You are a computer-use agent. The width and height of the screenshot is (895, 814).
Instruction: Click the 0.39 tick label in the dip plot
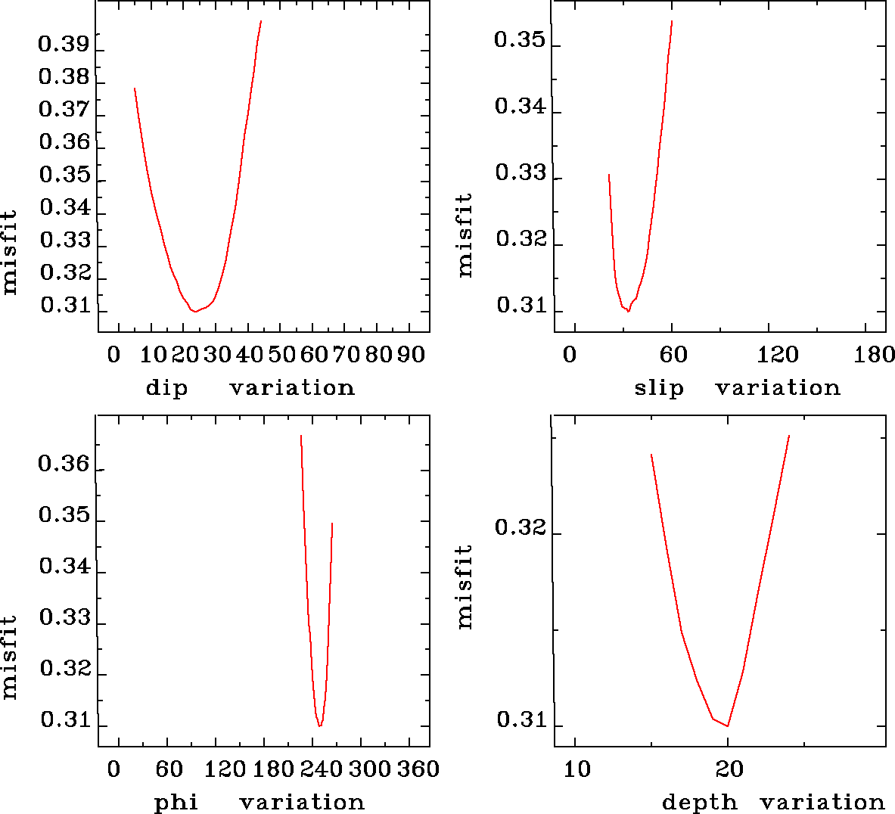click(64, 45)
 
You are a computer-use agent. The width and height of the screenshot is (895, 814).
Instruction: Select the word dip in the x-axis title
click(166, 388)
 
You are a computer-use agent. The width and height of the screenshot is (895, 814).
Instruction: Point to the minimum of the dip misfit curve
click(194, 311)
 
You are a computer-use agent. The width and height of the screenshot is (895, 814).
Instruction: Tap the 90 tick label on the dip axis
click(412, 355)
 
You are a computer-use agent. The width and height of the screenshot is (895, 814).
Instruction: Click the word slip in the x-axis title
click(659, 388)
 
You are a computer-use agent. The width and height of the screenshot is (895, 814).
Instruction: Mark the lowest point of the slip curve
click(628, 311)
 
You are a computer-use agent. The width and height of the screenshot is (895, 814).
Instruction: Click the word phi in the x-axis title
click(176, 802)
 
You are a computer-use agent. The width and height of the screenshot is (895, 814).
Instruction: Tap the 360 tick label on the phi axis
click(418, 769)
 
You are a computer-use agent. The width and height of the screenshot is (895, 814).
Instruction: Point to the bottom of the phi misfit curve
click(320, 725)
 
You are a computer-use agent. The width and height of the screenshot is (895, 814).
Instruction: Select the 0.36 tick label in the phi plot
click(64, 464)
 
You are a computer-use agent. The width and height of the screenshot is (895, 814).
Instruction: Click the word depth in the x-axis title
click(700, 802)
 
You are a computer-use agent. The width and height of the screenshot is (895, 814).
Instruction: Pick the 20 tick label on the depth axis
click(729, 769)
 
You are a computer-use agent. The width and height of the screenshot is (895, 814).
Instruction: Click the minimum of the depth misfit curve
click(728, 725)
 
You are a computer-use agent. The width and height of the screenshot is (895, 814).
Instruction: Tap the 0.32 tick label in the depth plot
click(520, 527)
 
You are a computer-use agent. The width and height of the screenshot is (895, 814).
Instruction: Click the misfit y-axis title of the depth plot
click(465, 586)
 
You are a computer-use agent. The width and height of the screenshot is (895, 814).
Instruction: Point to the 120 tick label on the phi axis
click(226, 769)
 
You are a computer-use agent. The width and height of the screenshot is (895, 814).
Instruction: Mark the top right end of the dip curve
click(261, 21)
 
